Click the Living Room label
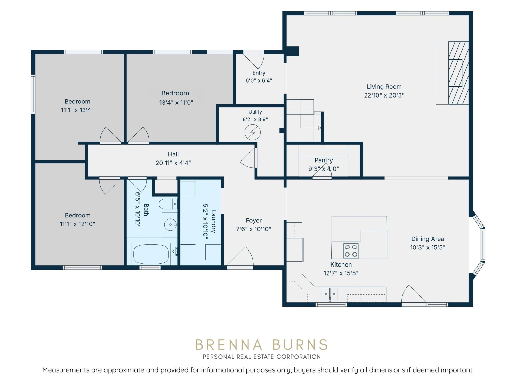coord(384,87)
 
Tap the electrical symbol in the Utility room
coord(253,132)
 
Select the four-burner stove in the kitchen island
coord(351,251)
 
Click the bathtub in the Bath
coord(151,254)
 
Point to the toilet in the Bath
coord(168,204)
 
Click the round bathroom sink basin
coord(170,224)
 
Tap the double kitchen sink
coord(330,294)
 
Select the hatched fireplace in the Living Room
coord(458,73)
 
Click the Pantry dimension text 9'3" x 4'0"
coord(324,169)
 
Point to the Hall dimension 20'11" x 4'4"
coord(173,163)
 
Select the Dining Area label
coord(428,239)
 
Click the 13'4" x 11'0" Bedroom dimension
coord(176,103)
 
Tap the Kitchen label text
coord(341,264)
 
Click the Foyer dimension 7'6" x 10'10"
coord(254,229)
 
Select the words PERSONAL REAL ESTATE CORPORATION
coord(262,357)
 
